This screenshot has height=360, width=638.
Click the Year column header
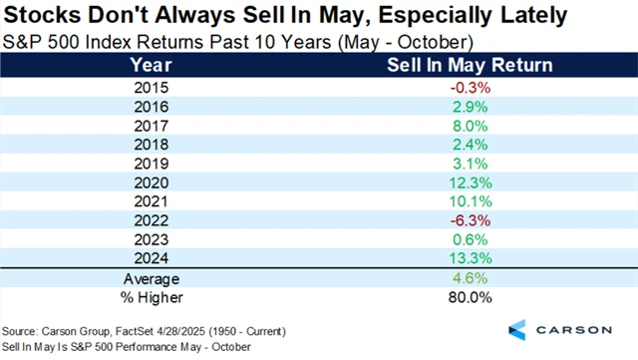click(151, 66)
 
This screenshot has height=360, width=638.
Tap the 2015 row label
click(151, 87)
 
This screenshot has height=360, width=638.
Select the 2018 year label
click(151, 148)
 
